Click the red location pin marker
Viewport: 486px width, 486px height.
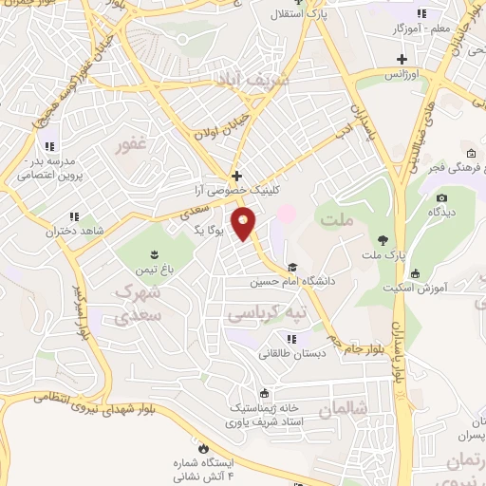(244, 224)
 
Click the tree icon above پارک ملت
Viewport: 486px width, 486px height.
(383, 238)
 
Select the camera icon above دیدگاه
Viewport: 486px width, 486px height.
(441, 197)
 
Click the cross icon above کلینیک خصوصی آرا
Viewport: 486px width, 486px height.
(236, 176)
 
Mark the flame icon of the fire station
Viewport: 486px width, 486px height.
(202, 447)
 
